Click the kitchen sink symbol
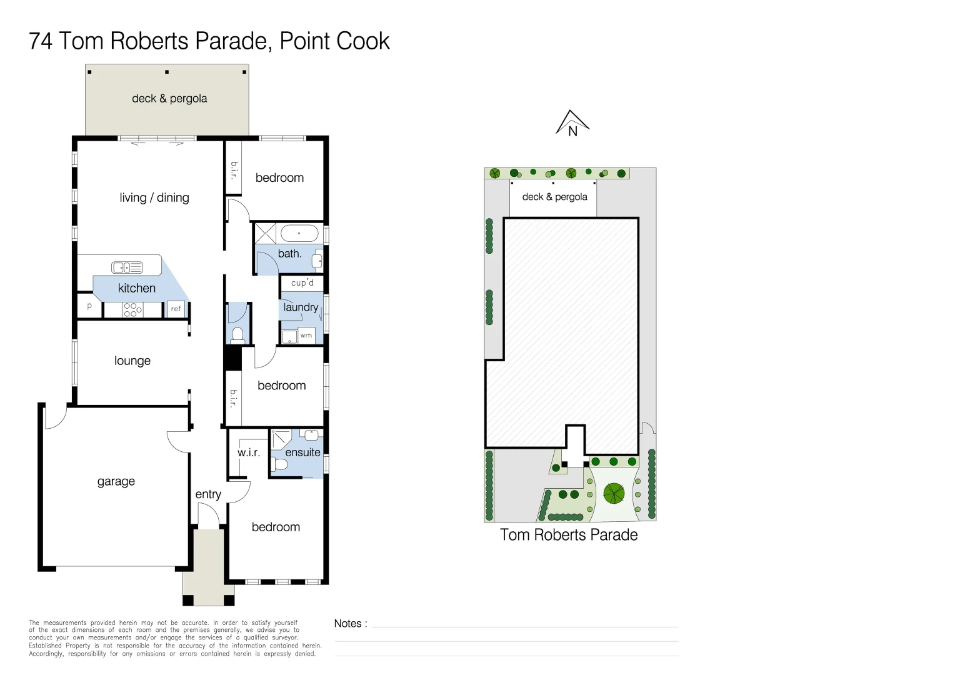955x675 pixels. (127, 267)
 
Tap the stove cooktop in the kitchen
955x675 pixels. (132, 309)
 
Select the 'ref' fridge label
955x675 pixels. (176, 309)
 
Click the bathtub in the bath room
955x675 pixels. (299, 234)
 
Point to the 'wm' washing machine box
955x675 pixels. (306, 336)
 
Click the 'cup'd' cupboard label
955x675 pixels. (302, 283)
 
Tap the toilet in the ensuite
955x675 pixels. (280, 464)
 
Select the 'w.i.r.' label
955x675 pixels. (248, 452)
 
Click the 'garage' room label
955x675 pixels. (116, 481)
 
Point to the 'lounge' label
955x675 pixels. (132, 361)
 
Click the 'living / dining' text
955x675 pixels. (154, 197)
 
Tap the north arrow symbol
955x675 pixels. (572, 124)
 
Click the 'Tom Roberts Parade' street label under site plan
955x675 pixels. (568, 535)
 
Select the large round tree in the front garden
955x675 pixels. (614, 494)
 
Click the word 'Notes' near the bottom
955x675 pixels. (347, 623)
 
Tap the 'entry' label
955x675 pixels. (208, 494)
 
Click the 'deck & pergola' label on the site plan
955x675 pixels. (554, 197)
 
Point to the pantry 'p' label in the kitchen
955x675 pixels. (89, 306)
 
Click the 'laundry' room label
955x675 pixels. (301, 307)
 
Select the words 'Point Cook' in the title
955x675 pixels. (334, 41)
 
